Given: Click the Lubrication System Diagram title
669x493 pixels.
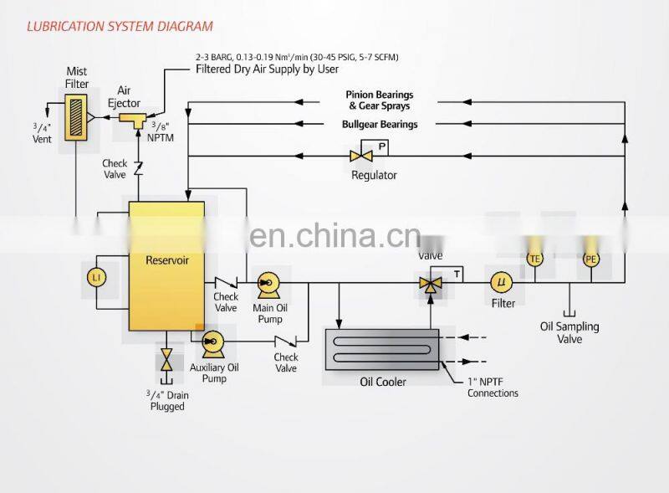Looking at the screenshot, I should (x=119, y=27).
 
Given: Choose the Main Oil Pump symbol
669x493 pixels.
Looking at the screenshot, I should (x=268, y=284).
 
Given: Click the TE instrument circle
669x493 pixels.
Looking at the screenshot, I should (x=535, y=259).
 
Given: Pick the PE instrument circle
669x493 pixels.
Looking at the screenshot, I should (x=591, y=259).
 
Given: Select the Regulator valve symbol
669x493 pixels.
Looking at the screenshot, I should (x=361, y=156).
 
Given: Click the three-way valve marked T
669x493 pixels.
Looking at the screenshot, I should (x=432, y=285).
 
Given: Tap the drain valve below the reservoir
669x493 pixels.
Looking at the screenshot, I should (x=166, y=361).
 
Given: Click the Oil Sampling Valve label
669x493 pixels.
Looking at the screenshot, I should (x=570, y=332).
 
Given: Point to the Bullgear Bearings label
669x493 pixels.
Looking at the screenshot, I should (x=380, y=125).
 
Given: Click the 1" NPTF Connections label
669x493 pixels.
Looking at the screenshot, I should (x=493, y=388).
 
